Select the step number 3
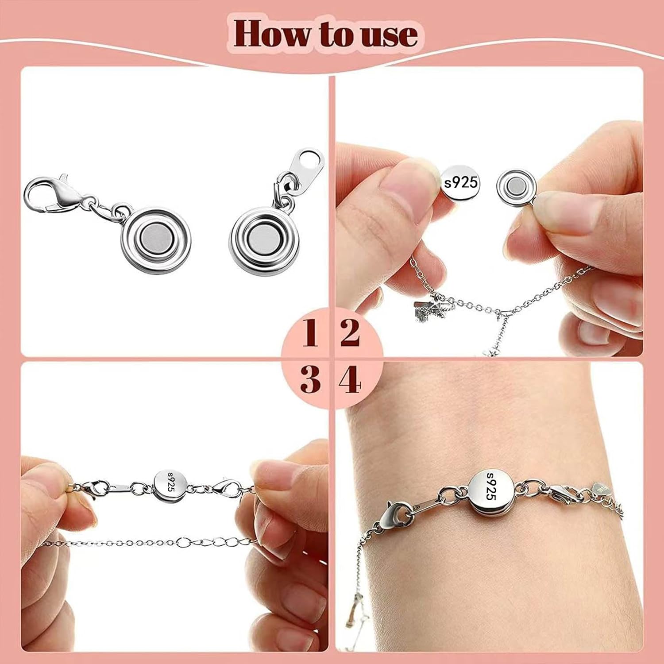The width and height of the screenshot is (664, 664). point(310,380)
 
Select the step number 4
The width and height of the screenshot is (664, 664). point(350,380)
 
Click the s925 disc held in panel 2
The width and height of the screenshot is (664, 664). point(460,182)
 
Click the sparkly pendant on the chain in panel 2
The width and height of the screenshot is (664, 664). point(429,310)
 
